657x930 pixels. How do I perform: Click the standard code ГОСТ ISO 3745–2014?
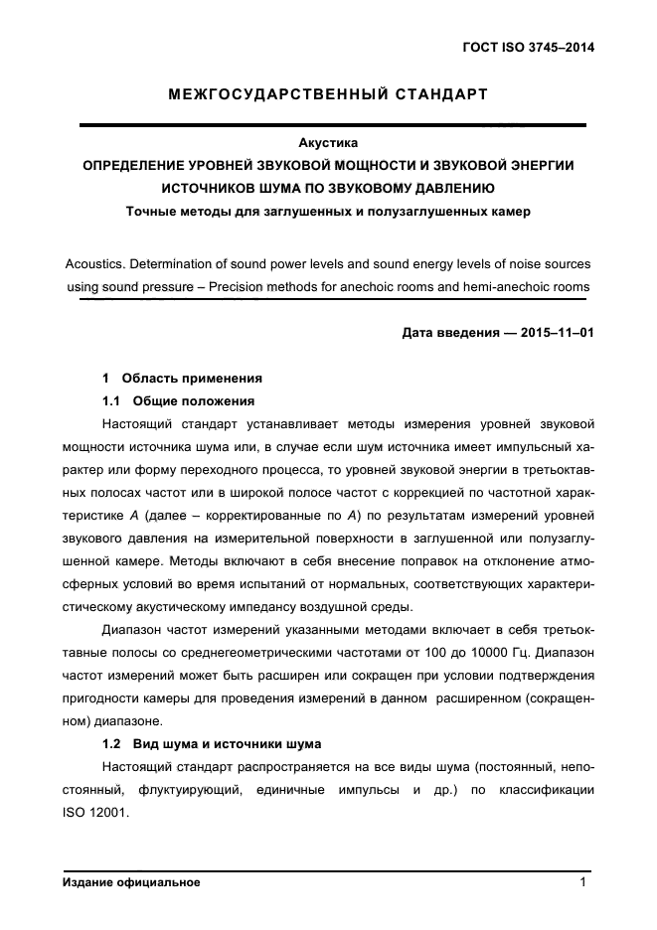coord(535,47)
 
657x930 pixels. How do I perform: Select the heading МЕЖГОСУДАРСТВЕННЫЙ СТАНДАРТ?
coord(328,95)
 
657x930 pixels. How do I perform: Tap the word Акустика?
coord(328,143)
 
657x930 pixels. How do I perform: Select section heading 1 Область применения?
coord(182,379)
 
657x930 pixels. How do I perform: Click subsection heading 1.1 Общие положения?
coord(179,401)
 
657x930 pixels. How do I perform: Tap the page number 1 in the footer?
coord(584,882)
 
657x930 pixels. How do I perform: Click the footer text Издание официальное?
coord(131,882)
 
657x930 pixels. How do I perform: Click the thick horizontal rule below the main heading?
coord(333,124)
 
